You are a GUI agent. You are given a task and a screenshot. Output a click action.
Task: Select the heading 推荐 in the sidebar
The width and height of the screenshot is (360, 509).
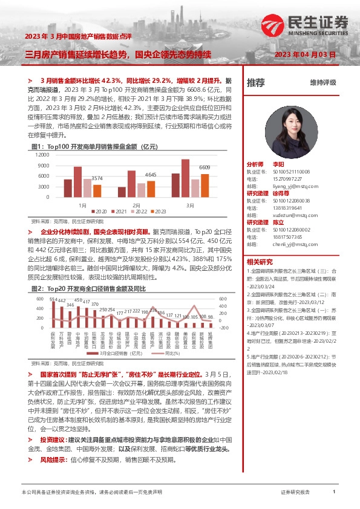click(x=257, y=83)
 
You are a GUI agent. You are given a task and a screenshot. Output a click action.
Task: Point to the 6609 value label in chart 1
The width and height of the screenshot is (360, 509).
click(x=205, y=167)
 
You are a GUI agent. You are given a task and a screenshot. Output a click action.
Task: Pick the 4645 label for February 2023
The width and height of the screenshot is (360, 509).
click(x=151, y=175)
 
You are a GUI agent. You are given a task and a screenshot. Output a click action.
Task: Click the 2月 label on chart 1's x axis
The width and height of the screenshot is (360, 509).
click(x=136, y=205)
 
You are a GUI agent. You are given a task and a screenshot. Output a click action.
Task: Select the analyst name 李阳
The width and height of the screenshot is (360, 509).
click(x=278, y=164)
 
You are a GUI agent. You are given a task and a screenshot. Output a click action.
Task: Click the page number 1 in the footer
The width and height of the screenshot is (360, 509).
click(x=334, y=492)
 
